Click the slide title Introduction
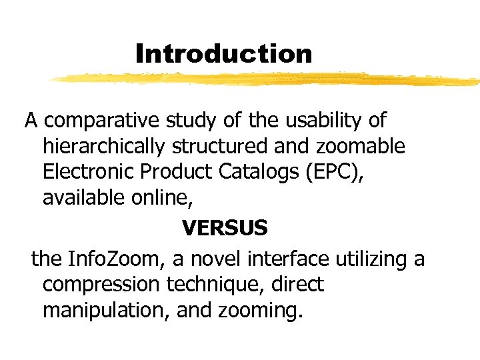(x=223, y=53)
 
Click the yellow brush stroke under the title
(x=267, y=80)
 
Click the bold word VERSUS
(x=225, y=229)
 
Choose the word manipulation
(x=104, y=311)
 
